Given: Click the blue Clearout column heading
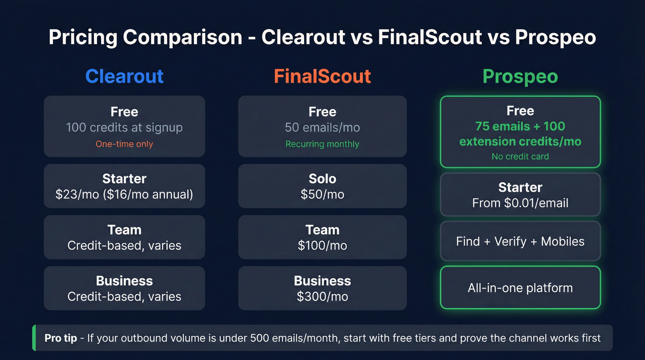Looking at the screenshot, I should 124,76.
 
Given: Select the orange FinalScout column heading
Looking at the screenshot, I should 322,76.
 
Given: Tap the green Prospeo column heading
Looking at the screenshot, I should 520,76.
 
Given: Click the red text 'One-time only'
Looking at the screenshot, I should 124,144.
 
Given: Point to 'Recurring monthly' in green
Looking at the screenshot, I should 322,144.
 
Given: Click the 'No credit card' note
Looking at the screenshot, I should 520,156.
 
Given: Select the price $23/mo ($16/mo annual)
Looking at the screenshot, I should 124,194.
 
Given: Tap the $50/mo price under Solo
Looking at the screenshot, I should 322,194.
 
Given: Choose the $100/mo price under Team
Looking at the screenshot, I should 322,245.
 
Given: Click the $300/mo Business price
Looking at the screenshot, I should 322,296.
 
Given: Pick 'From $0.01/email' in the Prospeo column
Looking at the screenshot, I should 520,203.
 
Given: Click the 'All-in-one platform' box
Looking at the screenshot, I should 520,288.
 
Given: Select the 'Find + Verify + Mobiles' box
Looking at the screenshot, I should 520,241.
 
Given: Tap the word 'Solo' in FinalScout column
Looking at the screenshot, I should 322,179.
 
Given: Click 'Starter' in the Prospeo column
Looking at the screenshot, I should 520,187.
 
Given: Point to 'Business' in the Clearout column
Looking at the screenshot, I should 124,281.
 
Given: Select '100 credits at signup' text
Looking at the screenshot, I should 124,127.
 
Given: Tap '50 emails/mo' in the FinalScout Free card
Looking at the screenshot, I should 322,127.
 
